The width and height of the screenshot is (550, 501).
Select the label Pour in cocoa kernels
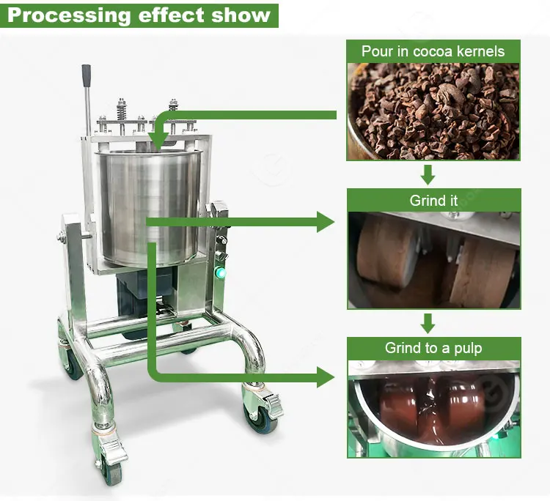(x=433, y=51)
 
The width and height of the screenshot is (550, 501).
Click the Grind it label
(x=433, y=201)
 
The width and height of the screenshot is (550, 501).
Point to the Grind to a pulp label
(x=433, y=348)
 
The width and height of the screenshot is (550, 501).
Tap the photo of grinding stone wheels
(x=433, y=260)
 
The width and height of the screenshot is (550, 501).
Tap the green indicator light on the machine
(x=219, y=273)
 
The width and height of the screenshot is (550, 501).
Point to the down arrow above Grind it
(x=428, y=174)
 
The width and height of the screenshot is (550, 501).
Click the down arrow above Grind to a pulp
(x=428, y=322)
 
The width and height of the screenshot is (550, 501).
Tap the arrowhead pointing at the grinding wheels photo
(x=326, y=221)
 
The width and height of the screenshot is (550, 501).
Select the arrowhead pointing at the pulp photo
(x=326, y=376)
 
